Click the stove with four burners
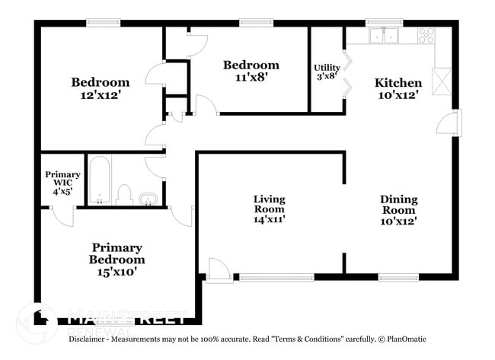(x=426, y=35)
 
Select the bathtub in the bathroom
(x=100, y=180)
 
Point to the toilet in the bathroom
(x=125, y=194)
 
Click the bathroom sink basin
(x=147, y=199)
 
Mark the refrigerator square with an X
(x=442, y=81)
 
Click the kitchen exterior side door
(x=452, y=123)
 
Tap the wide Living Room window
(x=276, y=278)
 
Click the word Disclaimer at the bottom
(x=91, y=339)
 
